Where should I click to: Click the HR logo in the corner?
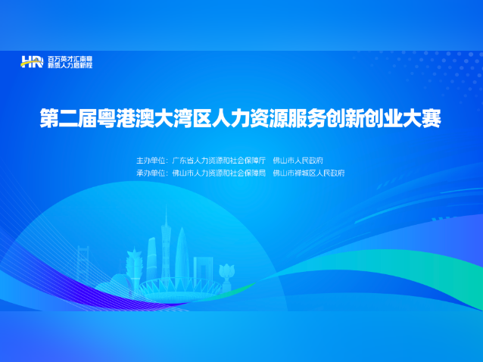click(33, 62)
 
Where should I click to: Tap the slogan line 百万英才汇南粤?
click(70, 58)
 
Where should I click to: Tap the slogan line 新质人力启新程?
click(70, 66)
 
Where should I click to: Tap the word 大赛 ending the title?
click(423, 119)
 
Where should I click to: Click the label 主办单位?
click(151, 161)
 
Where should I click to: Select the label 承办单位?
click(151, 173)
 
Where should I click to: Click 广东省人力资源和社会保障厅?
click(220, 161)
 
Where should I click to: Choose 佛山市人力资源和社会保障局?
click(220, 173)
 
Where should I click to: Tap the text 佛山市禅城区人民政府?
click(309, 173)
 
